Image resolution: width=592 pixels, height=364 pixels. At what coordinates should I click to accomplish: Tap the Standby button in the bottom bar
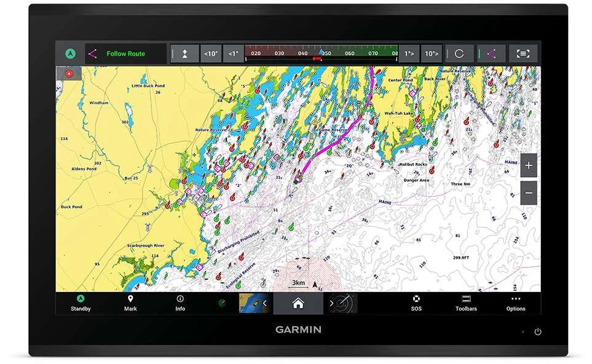pos(81,303)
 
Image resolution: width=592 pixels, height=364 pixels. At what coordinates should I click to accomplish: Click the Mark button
pos(130,303)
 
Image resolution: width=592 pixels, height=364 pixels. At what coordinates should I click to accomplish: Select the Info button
pos(180,303)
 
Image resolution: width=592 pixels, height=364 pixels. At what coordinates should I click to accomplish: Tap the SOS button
pos(416,303)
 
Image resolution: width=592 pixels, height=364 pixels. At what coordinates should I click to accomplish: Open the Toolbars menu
pos(466,303)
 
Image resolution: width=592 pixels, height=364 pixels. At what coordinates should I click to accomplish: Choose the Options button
pos(516,303)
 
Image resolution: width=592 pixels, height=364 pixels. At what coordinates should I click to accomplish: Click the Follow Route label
pos(126,53)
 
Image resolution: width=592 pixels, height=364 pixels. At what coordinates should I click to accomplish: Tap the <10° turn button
pos(211,53)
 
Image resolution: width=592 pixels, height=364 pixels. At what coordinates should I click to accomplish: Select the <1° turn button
pos(233,53)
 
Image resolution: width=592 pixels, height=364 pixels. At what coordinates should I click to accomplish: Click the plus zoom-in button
pos(529,165)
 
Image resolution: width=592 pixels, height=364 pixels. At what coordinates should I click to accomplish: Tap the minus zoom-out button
pos(529,193)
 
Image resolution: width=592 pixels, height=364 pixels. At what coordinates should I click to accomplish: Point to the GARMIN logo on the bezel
pos(298,330)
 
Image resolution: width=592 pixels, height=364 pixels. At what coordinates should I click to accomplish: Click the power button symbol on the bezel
pos(538,331)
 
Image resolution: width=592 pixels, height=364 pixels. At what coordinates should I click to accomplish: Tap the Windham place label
pos(98,103)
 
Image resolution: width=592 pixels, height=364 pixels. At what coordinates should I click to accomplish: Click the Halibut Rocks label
pos(413,165)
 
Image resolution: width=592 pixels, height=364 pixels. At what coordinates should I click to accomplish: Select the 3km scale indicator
pos(298,283)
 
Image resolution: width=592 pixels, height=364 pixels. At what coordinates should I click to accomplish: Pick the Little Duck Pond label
pos(149,86)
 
